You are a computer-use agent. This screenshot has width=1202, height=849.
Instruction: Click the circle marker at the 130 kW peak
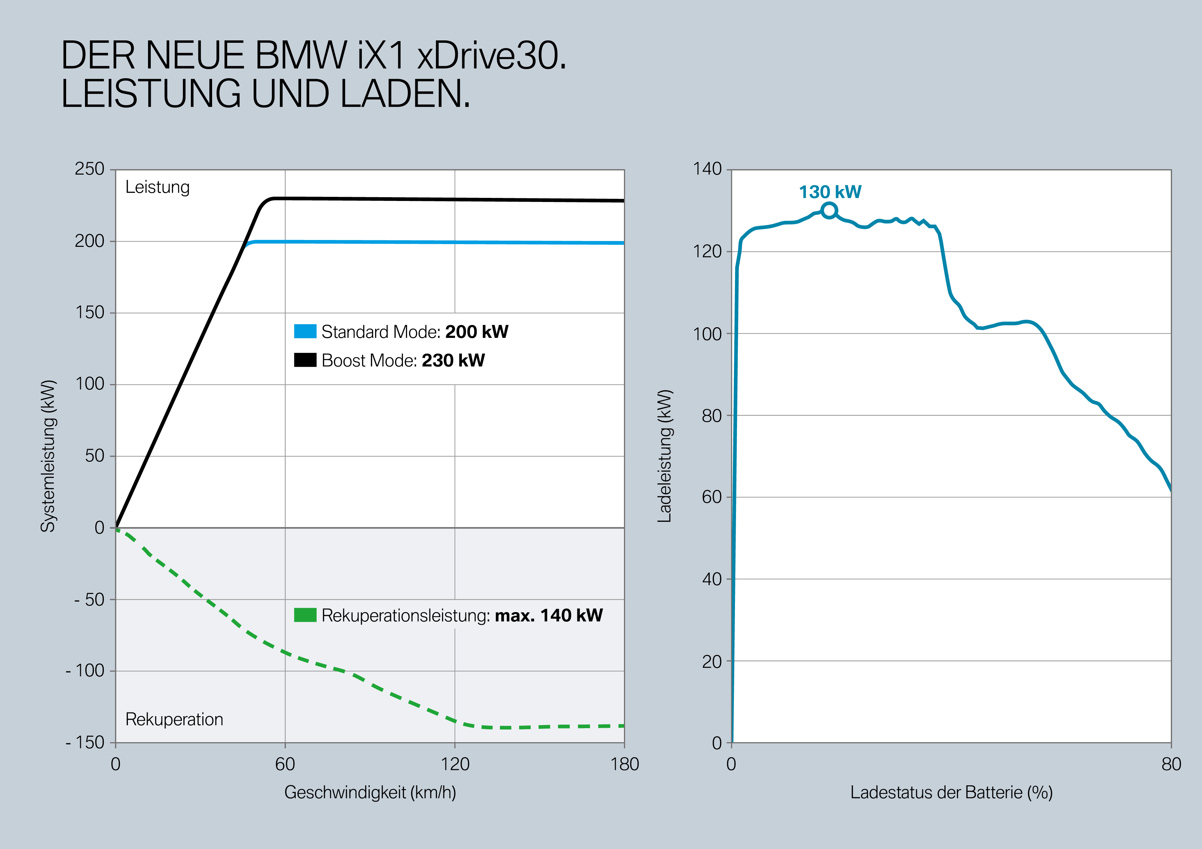pos(829,211)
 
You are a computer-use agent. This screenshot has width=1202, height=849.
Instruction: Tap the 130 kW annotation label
pos(830,192)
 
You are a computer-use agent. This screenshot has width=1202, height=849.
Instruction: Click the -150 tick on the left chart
pos(85,742)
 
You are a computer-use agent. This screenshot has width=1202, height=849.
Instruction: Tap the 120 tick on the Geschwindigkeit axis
pos(454,764)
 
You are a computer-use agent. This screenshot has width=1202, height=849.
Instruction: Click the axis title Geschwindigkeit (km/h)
pos(370,793)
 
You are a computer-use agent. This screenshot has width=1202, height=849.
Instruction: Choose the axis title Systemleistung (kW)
pos(48,456)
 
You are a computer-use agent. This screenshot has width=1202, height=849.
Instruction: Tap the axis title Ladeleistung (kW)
pos(664,456)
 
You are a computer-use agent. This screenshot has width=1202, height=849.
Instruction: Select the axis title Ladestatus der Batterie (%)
pos(951,793)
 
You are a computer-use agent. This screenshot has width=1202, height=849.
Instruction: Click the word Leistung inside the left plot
pos(158,187)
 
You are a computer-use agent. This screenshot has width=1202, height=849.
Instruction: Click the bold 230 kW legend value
pos(453,360)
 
